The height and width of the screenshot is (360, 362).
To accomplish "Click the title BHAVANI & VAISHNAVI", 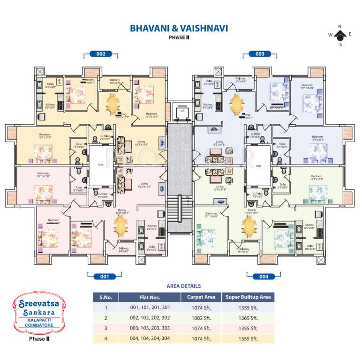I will (x=179, y=29).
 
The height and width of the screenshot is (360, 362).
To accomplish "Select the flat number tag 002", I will (x=101, y=54).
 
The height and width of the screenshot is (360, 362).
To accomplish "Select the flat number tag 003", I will (x=260, y=54).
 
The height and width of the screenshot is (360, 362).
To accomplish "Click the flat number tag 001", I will (x=105, y=277).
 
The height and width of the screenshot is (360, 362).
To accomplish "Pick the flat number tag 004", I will (x=264, y=277).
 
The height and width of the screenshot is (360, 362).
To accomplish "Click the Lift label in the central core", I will (x=181, y=111).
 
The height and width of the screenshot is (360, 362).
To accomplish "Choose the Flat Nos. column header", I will (x=150, y=297).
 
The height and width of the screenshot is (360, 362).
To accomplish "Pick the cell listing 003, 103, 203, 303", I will (x=150, y=328).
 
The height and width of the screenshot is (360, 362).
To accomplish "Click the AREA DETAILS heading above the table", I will (x=183, y=286).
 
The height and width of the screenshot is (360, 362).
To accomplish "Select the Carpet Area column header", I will (x=201, y=297).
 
